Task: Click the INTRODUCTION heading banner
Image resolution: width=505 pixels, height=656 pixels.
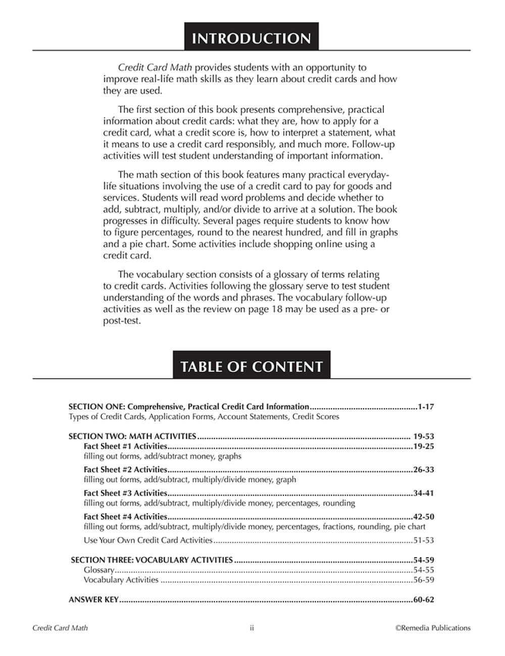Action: pyautogui.click(x=251, y=38)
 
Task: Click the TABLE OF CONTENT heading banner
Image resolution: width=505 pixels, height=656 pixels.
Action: pyautogui.click(x=251, y=366)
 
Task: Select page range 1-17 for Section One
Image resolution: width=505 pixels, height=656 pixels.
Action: pyautogui.click(x=426, y=406)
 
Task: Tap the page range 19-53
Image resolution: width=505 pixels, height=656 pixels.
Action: pyautogui.click(x=424, y=436)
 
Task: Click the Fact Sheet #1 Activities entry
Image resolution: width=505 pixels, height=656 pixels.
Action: pyautogui.click(x=125, y=446)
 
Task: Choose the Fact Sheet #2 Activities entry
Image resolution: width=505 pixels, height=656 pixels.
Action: pyautogui.click(x=125, y=470)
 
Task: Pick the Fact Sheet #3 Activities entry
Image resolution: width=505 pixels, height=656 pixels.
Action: pyautogui.click(x=125, y=493)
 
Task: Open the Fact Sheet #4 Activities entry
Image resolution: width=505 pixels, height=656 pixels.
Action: pyautogui.click(x=125, y=517)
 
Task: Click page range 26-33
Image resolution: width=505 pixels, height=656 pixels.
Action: pyautogui.click(x=424, y=470)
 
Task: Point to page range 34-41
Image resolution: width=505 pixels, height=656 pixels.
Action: pyautogui.click(x=424, y=493)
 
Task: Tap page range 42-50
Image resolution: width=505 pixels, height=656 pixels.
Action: pyautogui.click(x=424, y=517)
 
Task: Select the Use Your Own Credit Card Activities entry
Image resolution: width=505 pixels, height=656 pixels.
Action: pyautogui.click(x=148, y=540)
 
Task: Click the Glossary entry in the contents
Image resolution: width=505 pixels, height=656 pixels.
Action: pyautogui.click(x=99, y=570)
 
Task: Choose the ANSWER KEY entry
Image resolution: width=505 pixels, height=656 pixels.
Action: pyautogui.click(x=93, y=600)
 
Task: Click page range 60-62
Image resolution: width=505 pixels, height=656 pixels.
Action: pyautogui.click(x=424, y=600)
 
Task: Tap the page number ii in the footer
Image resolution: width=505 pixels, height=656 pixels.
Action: pyautogui.click(x=251, y=628)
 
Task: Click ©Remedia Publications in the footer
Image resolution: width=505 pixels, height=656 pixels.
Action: pyautogui.click(x=433, y=628)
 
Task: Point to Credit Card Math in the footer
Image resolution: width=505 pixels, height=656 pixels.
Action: pyautogui.click(x=60, y=628)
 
